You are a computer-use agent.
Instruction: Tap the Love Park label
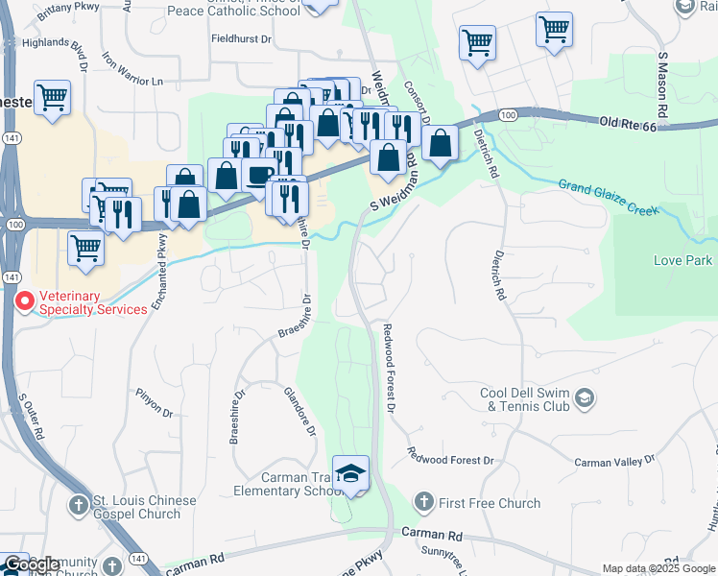682,260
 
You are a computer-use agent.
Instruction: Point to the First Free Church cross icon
423,502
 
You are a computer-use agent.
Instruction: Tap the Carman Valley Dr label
608,463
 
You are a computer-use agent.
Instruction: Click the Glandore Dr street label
299,411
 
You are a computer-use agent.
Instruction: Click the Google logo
31,564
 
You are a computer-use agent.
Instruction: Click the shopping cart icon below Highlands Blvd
53,98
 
